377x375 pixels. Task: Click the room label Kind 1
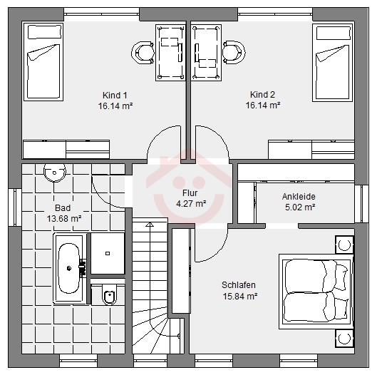coord(115,96)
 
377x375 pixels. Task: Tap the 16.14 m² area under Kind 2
coord(263,105)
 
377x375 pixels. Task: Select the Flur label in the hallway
coord(190,193)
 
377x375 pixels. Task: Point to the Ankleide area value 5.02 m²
coord(300,207)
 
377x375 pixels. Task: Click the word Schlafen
coord(239,285)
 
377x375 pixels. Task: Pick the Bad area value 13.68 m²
coord(64,219)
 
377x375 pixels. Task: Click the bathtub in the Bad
coord(69,268)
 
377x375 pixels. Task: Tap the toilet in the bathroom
coord(110,294)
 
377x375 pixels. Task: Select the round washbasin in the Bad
coord(55,173)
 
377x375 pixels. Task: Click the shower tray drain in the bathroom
coord(108,253)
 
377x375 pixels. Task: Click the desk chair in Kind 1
coord(143,53)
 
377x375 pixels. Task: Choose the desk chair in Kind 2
coord(234,53)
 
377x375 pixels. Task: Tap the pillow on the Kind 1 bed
coord(44,32)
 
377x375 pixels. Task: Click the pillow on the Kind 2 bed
coord(334,33)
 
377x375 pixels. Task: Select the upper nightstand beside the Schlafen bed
coord(344,245)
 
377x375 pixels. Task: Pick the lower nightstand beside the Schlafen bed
coord(344,339)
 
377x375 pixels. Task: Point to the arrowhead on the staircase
coord(150,225)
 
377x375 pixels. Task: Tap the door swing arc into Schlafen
coord(217,250)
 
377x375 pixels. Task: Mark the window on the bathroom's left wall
coord(15,207)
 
